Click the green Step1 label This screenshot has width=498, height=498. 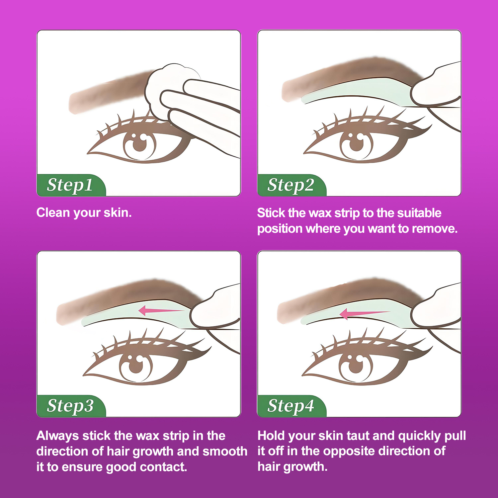71,185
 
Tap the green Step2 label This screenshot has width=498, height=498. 292,185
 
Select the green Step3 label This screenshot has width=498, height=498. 71,406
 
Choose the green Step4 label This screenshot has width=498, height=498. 292,406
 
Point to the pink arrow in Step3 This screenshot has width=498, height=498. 161,311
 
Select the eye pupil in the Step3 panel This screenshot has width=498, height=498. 135,366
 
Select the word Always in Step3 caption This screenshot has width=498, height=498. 58,436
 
